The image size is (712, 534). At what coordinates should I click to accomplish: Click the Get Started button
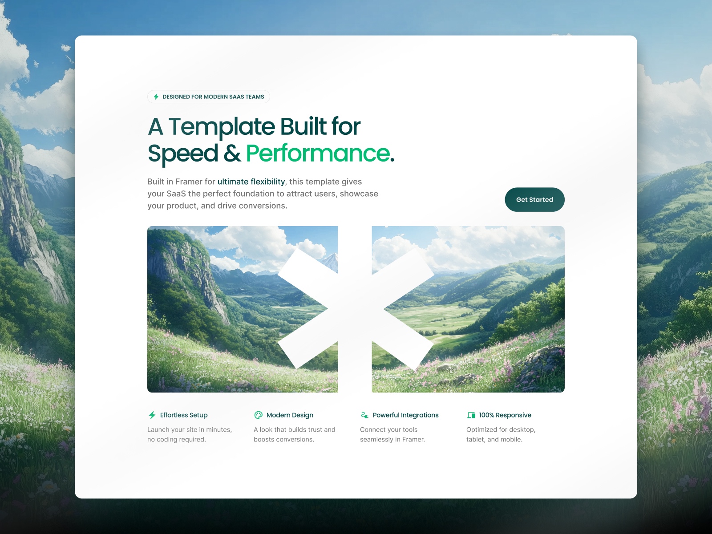click(534, 200)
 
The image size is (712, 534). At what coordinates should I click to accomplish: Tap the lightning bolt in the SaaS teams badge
click(156, 97)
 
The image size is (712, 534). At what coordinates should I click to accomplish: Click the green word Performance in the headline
click(318, 153)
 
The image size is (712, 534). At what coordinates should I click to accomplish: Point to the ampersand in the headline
click(232, 154)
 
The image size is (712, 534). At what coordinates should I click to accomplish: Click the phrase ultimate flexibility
click(251, 182)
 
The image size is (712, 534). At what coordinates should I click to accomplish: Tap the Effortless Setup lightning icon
click(152, 415)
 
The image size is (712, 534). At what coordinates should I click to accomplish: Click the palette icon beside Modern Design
click(258, 415)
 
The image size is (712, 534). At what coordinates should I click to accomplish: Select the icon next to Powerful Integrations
click(364, 415)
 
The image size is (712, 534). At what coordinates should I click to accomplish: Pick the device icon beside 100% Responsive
click(471, 415)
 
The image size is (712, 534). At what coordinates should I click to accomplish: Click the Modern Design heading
click(290, 415)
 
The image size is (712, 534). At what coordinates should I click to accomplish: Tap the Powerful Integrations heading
click(405, 415)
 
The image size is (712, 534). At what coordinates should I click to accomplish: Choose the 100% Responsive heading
click(505, 415)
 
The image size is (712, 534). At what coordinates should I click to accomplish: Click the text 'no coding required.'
click(177, 439)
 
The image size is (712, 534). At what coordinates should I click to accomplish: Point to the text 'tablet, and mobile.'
click(494, 439)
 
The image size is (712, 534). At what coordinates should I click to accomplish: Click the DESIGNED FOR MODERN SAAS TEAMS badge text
click(213, 97)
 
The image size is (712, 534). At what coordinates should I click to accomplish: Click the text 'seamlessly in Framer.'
click(392, 439)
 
